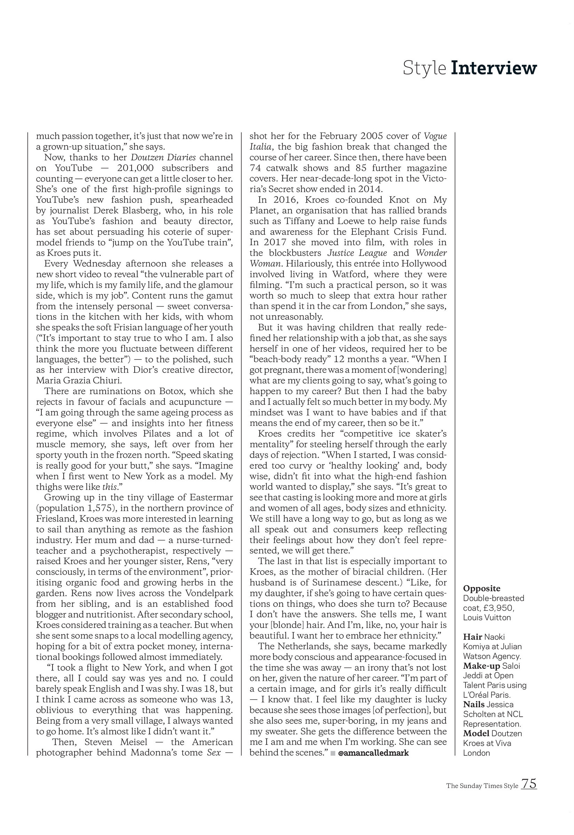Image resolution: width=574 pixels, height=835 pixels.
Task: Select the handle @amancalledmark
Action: click(x=374, y=753)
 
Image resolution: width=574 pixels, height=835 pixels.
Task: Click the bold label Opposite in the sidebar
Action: click(x=481, y=588)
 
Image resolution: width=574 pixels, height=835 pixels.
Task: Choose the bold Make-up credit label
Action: click(x=481, y=666)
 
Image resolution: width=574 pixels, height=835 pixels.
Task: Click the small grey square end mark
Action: click(x=333, y=753)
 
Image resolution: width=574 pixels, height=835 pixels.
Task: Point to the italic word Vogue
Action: click(x=435, y=136)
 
